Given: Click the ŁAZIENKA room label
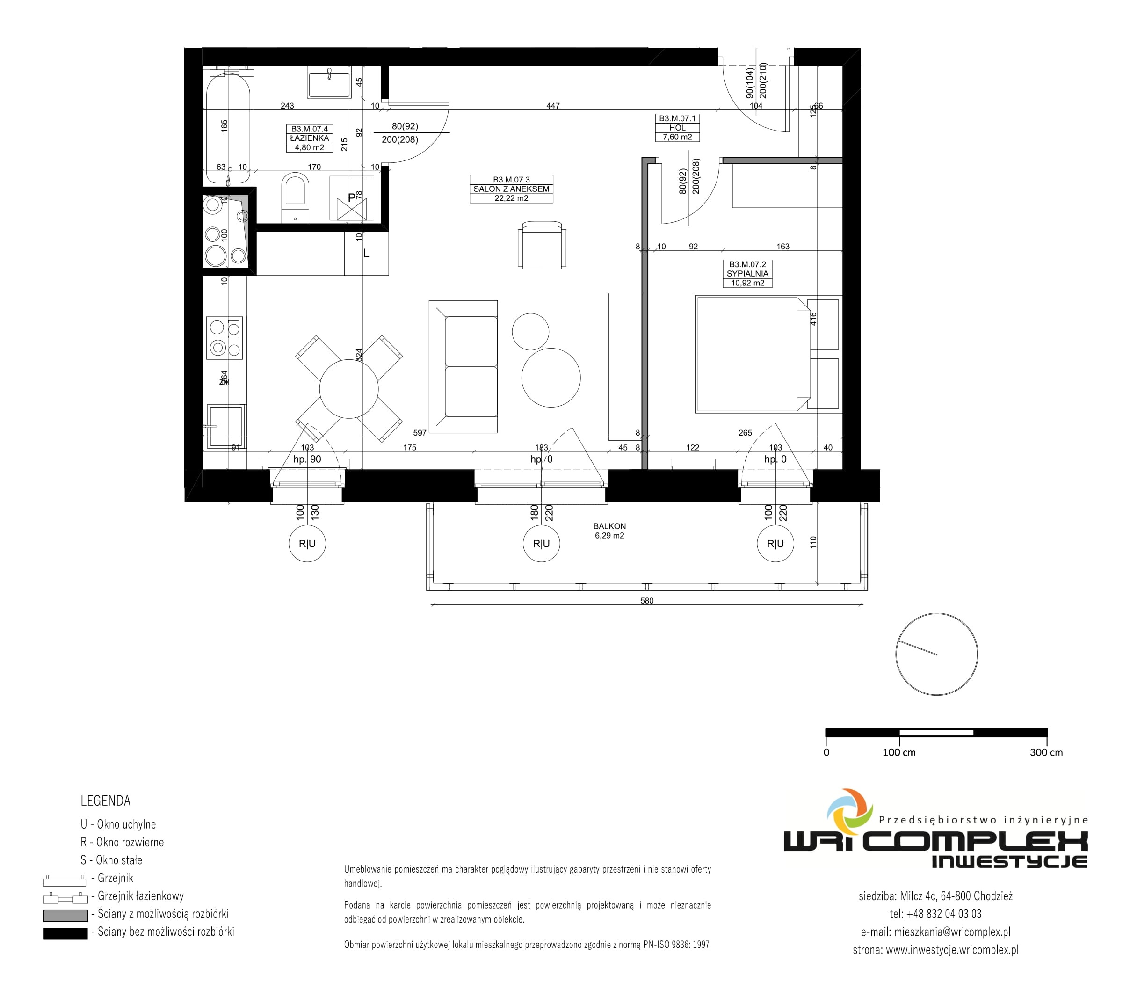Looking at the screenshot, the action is (x=309, y=138).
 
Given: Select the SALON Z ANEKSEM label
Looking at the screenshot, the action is (x=511, y=189).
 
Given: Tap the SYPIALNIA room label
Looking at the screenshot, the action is (x=747, y=273).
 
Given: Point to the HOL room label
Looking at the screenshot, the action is (x=677, y=128).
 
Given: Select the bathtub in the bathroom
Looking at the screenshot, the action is (x=228, y=127).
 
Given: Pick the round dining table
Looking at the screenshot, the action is (x=349, y=388).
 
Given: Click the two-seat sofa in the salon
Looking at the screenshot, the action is (x=463, y=366).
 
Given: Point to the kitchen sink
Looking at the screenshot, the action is (x=226, y=426).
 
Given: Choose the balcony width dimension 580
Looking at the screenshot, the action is (x=647, y=601).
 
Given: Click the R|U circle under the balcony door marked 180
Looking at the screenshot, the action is (x=541, y=544).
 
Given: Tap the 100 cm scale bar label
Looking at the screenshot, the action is (x=899, y=752).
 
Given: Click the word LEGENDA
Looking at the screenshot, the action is (x=106, y=801).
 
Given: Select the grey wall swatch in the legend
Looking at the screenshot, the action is (x=65, y=916).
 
